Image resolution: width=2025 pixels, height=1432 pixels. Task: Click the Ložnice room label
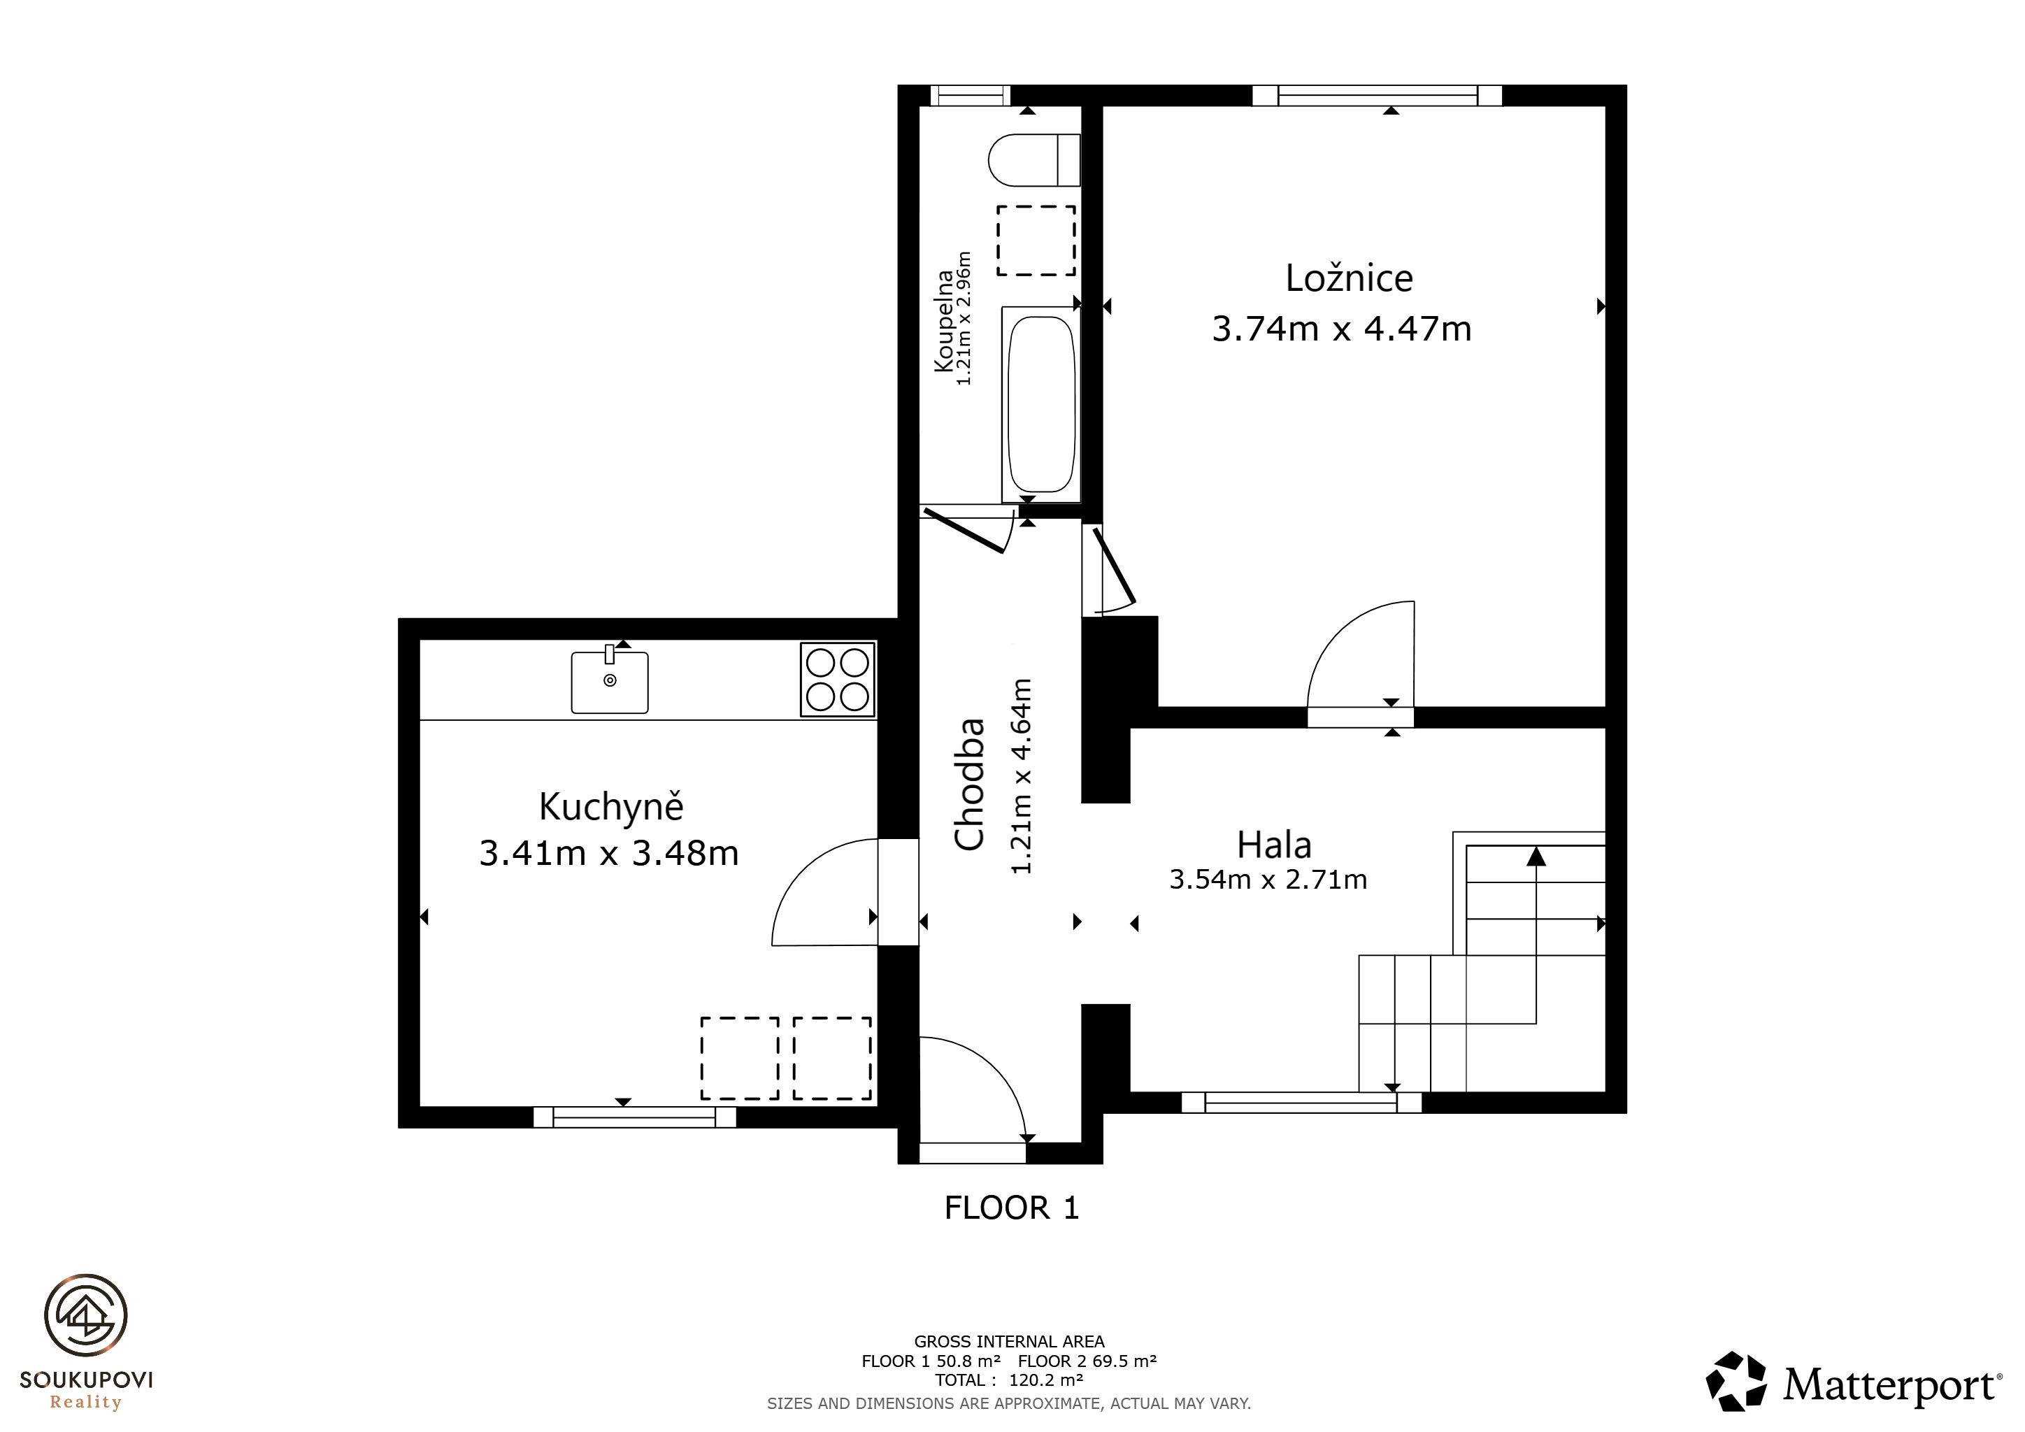(1349, 279)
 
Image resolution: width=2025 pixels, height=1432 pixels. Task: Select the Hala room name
(1273, 845)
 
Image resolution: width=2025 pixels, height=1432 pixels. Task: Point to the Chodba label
(969, 784)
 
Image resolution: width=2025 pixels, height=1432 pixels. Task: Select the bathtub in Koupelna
(1040, 405)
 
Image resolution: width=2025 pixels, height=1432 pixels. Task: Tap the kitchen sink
(610, 681)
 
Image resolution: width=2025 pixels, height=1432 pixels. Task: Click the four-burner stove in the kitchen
(838, 679)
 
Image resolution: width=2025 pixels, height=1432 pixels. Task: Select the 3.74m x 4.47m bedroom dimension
(1341, 329)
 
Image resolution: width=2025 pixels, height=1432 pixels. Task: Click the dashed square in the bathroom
(1036, 241)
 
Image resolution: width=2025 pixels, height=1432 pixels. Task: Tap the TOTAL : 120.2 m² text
(1009, 1380)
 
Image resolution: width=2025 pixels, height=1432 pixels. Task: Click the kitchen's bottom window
(634, 1117)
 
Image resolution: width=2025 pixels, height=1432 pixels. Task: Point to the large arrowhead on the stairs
(1536, 855)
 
